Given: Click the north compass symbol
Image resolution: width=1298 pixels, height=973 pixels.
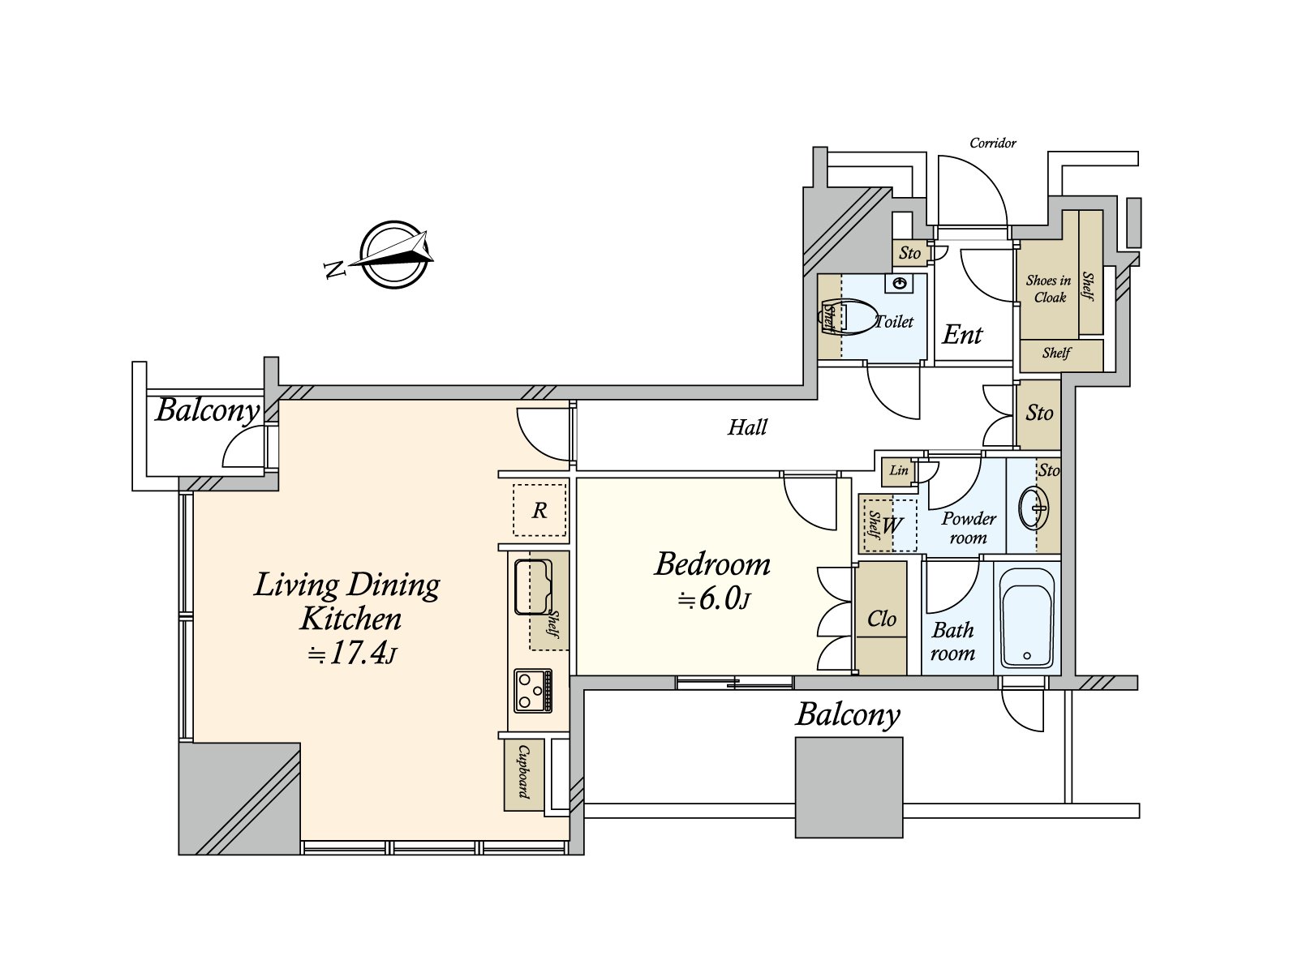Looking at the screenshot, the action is pos(393,255).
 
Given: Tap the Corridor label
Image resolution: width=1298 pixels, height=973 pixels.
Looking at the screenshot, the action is pos(993,143).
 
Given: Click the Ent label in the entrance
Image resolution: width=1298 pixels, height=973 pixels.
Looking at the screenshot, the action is pos(962,335).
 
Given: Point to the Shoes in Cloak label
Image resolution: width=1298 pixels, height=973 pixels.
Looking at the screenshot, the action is pos(1049,289).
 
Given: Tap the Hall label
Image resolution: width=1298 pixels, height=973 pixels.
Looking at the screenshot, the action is pos(747,427).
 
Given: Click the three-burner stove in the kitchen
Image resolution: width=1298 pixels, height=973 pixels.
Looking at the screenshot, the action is pos(533,691).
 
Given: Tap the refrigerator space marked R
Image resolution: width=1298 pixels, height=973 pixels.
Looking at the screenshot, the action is pos(539,511).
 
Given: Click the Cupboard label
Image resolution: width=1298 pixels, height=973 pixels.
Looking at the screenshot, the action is pos(523,772).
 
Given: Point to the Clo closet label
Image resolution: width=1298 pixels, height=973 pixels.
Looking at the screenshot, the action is pos(881,619).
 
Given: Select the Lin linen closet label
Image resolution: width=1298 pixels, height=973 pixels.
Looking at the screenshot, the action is pos(898,470).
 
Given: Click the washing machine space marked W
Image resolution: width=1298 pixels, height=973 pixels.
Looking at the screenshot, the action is pos(892,525).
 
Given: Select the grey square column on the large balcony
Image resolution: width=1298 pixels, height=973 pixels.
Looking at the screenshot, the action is pos(849,787).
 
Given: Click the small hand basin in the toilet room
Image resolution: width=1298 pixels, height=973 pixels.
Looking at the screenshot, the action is pos(900,284).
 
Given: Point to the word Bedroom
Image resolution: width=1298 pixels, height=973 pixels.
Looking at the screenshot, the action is pos(712,564).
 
